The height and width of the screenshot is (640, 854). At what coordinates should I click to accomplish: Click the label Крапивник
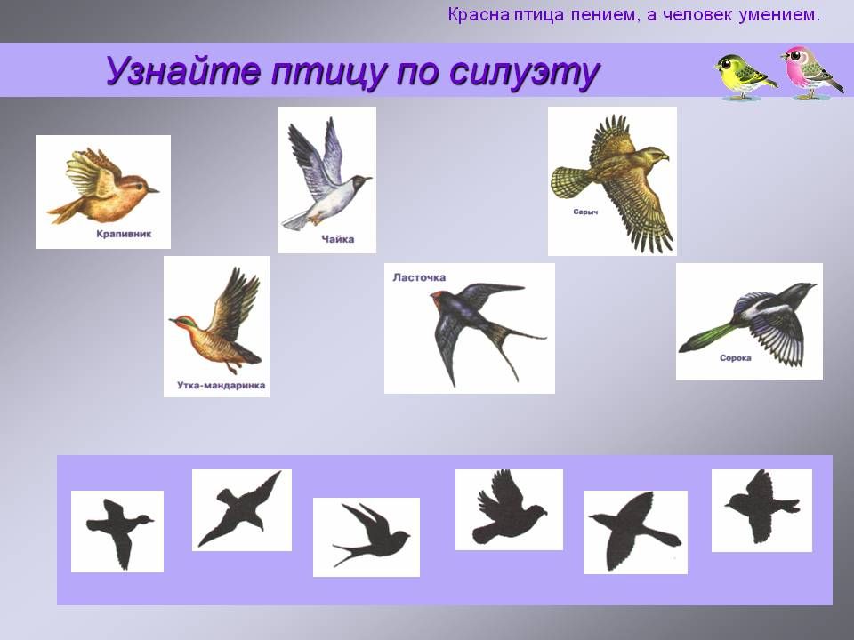click(x=124, y=234)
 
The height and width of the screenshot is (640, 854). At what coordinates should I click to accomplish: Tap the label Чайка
click(x=338, y=239)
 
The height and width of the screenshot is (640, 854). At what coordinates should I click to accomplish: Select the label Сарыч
click(x=585, y=212)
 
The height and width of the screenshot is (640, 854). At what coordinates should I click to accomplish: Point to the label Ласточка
click(x=419, y=277)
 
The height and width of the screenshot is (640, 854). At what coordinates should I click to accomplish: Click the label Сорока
click(x=736, y=358)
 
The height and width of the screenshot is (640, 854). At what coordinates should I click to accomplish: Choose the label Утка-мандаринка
click(x=222, y=385)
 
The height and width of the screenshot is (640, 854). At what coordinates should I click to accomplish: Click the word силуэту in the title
click(x=526, y=72)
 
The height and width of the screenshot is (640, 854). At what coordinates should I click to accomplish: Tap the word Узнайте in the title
click(x=183, y=72)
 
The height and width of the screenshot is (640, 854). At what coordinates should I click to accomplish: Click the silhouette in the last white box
click(x=761, y=507)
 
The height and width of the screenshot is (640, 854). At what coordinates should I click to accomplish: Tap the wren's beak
click(x=153, y=190)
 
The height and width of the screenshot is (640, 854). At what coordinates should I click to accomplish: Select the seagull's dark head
click(x=360, y=180)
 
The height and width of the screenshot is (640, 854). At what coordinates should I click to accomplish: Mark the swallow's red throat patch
click(x=436, y=297)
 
